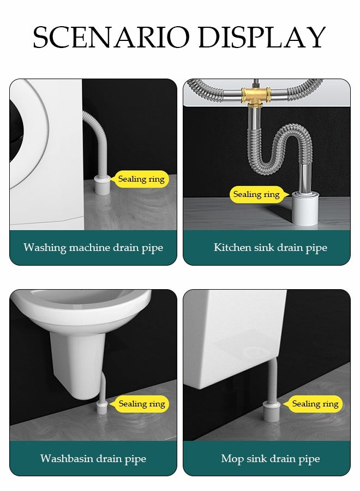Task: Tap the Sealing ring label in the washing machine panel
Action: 141,179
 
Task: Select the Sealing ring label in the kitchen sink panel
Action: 256,194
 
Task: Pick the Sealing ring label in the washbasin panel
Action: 141,404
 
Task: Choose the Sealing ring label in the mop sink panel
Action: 315,404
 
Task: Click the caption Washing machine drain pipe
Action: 93,248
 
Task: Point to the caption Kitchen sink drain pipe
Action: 270,248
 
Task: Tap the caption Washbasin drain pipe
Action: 93,458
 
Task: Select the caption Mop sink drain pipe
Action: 270,458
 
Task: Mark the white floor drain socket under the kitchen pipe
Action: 305,208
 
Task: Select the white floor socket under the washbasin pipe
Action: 102,410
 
